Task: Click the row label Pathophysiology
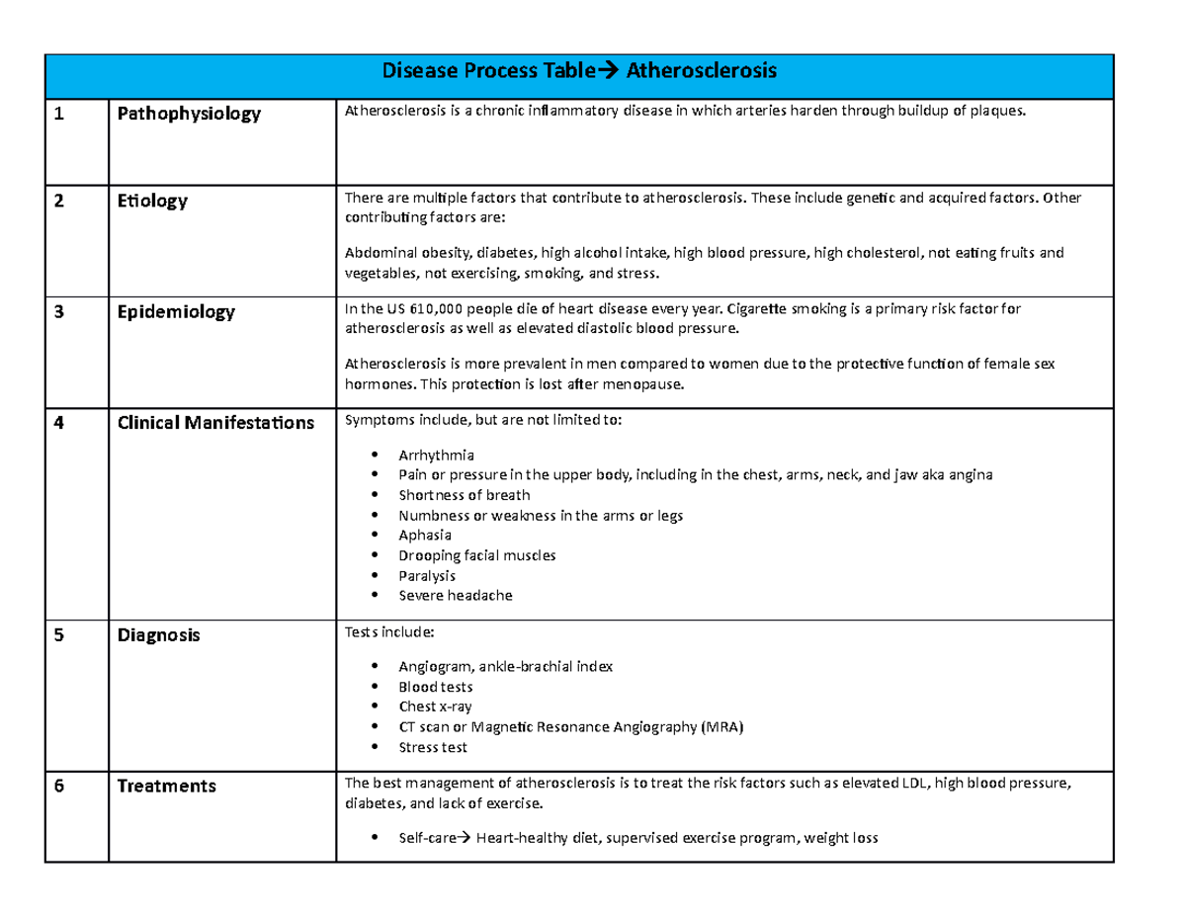click(x=189, y=114)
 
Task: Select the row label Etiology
click(x=152, y=201)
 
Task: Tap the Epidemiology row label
click(x=176, y=311)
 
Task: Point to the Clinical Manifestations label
click(x=215, y=423)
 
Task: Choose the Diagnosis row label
click(x=158, y=635)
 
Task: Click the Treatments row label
click(x=166, y=787)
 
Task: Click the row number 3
click(x=59, y=311)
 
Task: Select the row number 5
click(x=59, y=635)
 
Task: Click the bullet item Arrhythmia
click(x=436, y=456)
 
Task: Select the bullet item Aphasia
click(x=425, y=536)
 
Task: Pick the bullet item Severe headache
click(x=456, y=596)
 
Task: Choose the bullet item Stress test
click(x=433, y=747)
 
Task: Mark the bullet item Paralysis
click(x=427, y=575)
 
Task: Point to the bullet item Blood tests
click(x=435, y=687)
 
